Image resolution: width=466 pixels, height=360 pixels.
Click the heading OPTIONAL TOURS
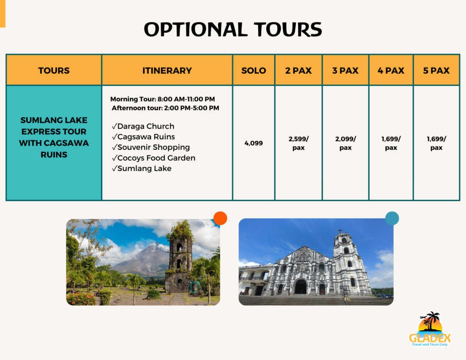tap(233, 30)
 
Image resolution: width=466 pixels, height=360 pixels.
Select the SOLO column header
tap(253, 71)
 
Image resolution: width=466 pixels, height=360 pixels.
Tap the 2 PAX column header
tap(299, 71)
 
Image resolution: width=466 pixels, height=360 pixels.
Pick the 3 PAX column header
tap(345, 71)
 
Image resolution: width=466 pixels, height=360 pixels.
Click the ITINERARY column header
tap(167, 71)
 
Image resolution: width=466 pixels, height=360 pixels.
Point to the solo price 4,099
tap(253, 143)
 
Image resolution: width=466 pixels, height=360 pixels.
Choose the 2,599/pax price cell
tap(299, 143)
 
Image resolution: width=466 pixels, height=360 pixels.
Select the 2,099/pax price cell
tap(345, 143)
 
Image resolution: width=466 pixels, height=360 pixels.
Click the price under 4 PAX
tap(391, 143)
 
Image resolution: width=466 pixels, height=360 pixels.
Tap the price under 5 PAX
tap(436, 143)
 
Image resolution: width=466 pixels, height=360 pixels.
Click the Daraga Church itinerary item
tap(143, 126)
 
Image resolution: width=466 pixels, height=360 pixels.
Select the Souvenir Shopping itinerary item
tap(151, 147)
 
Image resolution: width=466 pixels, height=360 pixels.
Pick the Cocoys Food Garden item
tap(153, 158)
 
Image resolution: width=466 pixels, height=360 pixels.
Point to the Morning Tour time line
tap(162, 99)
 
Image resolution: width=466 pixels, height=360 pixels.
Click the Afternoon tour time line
tap(165, 108)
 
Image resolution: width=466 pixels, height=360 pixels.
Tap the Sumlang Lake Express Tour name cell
tap(54, 137)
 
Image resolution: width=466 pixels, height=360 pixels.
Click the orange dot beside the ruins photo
tap(220, 218)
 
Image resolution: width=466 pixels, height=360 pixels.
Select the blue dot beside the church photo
tap(392, 218)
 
